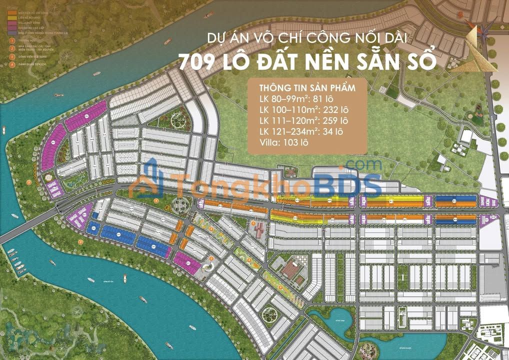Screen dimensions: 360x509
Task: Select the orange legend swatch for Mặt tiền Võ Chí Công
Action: pyautogui.click(x=10, y=9)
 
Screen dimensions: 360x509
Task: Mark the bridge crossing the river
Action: pyautogui.click(x=30, y=223)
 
